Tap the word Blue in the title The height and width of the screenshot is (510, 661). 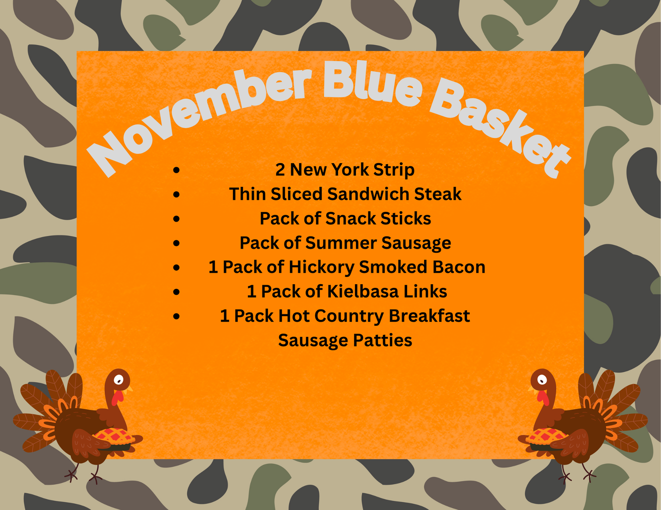[x=371, y=85]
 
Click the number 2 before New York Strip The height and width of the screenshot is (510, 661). [x=280, y=170]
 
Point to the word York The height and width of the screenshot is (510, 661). [x=350, y=170]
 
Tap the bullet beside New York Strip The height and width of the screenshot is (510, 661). [x=177, y=170]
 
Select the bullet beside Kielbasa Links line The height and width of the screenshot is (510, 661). [x=177, y=292]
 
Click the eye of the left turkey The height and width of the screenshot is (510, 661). [x=118, y=379]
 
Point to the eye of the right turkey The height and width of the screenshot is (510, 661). [x=542, y=379]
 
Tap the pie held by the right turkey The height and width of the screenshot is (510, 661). [x=546, y=436]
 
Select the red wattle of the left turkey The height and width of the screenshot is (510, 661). [x=117, y=398]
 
